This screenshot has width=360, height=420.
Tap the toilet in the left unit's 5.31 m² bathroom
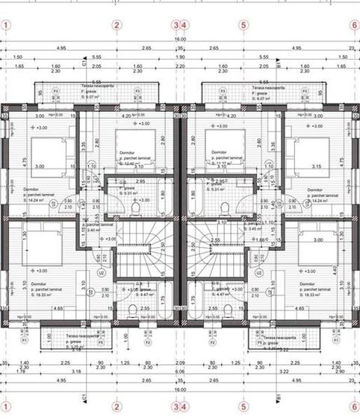tap(136, 208)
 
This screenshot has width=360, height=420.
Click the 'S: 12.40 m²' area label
tap(129, 163)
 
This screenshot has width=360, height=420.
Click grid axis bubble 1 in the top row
tap(7, 25)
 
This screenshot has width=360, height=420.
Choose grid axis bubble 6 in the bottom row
tap(354, 407)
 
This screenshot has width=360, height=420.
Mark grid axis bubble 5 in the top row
tap(243, 25)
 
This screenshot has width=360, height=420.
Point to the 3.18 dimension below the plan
tap(75, 371)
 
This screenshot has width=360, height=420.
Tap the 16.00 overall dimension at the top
tap(180, 39)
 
